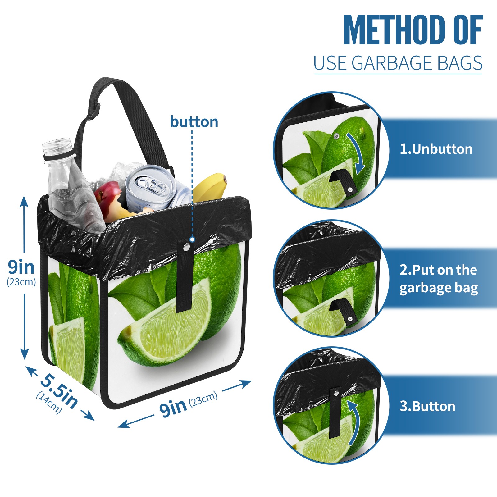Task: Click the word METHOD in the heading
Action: point(394,30)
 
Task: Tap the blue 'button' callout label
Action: point(194,122)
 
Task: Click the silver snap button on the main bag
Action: point(187,247)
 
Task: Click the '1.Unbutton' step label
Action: point(436,149)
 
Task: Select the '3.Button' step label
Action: point(427,406)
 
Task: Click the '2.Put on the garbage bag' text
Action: point(439,279)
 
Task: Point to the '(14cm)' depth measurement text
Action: point(49,402)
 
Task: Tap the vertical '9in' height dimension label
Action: point(21,267)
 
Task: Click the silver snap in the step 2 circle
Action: point(350,319)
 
